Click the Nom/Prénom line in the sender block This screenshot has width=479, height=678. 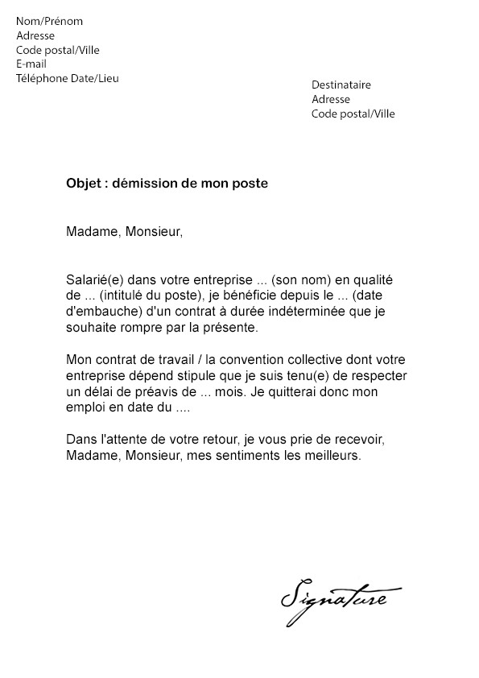tap(49, 21)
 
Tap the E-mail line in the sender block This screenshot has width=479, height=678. tap(31, 64)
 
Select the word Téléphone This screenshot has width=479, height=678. tap(43, 78)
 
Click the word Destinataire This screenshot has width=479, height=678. tap(341, 85)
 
